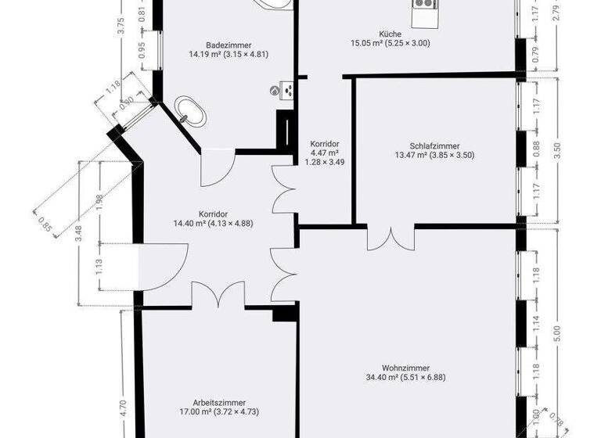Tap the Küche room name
390,34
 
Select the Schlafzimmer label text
434,145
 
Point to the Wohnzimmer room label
405,368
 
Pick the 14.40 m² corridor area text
213,223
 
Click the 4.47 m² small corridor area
324,153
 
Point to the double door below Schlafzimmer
390,235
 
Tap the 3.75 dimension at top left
121,23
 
